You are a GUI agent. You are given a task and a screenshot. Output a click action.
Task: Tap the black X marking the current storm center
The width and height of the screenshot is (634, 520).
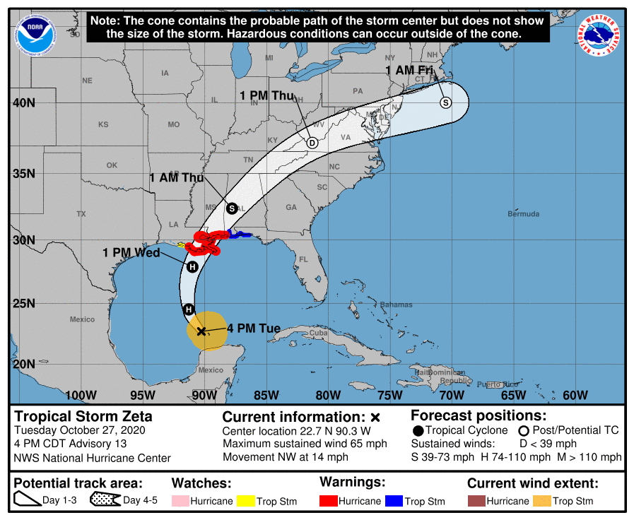201,331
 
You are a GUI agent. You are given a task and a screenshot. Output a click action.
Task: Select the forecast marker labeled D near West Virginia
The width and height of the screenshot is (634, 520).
312,143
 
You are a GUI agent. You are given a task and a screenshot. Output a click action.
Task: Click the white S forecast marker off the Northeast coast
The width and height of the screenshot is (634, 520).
445,102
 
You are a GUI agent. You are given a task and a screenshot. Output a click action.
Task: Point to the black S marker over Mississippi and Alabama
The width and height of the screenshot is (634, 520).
232,208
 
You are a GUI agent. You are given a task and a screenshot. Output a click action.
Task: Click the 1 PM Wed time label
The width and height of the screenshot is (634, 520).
131,252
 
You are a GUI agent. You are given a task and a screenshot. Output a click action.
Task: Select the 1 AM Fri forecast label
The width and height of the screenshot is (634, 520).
409,70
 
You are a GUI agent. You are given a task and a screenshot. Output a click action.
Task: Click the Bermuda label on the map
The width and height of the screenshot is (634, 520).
523,213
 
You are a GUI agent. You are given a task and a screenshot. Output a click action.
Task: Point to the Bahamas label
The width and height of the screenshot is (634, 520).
395,305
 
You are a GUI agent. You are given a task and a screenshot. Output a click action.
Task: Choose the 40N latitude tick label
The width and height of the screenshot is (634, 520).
23,103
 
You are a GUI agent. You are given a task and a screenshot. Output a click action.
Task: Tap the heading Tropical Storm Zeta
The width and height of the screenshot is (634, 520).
83,416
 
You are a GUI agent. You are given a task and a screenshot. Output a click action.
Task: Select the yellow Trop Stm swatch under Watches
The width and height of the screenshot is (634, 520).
245,501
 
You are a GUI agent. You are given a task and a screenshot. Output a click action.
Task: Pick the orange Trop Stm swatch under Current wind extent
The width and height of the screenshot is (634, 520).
542,501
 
